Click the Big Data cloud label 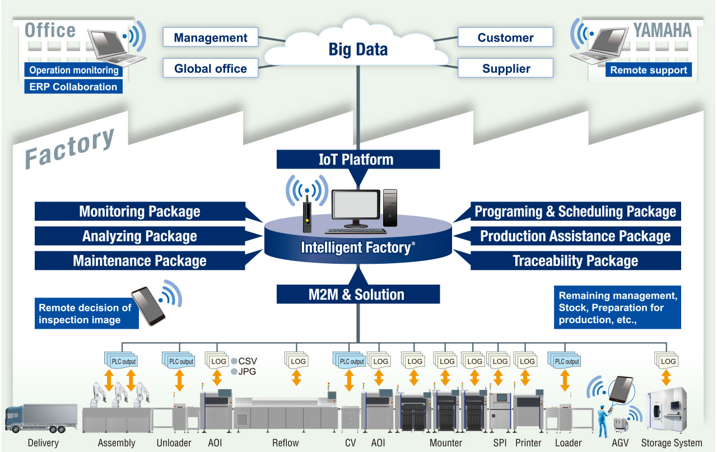point(358,50)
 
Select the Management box point(210,37)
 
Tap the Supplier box point(505,68)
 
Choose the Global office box point(210,68)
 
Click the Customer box point(505,37)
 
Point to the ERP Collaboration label point(73,86)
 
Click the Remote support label point(649,70)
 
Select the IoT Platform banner point(358,160)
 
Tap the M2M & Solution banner point(358,294)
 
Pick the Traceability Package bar point(575,260)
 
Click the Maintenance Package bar point(140,260)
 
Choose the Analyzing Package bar point(140,236)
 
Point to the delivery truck point(41,418)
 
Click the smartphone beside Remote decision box point(148,306)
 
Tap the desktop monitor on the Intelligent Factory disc point(356,208)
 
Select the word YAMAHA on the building point(662,30)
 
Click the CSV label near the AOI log point(248,361)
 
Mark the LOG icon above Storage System point(666,361)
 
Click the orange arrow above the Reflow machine point(296,378)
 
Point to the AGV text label point(620,442)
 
